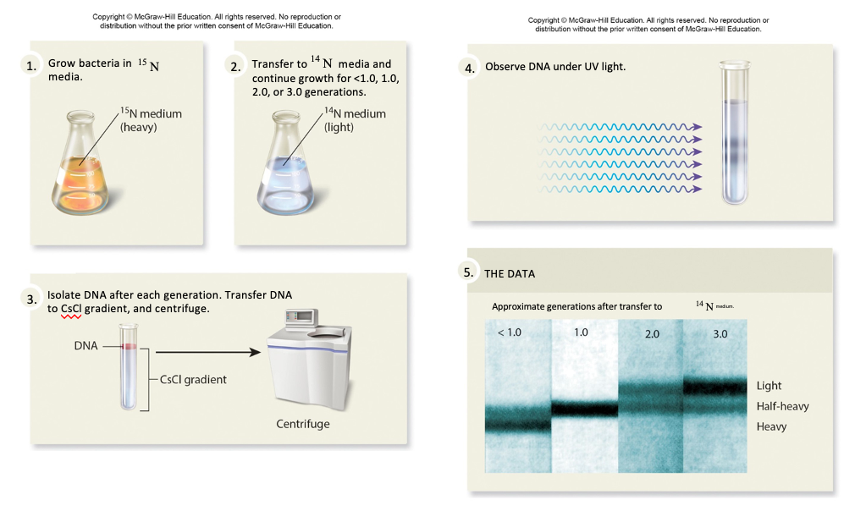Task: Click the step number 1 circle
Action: pyautogui.click(x=31, y=66)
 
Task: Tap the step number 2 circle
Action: pyautogui.click(x=235, y=66)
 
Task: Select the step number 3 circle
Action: pyautogui.click(x=31, y=298)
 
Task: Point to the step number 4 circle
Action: pyautogui.click(x=469, y=69)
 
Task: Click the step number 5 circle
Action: pyautogui.click(x=468, y=272)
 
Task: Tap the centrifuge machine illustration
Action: pyautogui.click(x=309, y=360)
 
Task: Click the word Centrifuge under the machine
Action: pyautogui.click(x=303, y=423)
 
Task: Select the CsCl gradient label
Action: pyautogui.click(x=193, y=380)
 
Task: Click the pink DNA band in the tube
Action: pyautogui.click(x=127, y=347)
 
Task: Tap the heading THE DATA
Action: pyautogui.click(x=510, y=274)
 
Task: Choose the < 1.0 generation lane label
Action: pyautogui.click(x=510, y=332)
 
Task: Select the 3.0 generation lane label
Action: pyautogui.click(x=720, y=334)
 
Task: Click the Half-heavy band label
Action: pyautogui.click(x=782, y=407)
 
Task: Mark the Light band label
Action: pyautogui.click(x=769, y=387)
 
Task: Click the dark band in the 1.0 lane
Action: pyautogui.click(x=585, y=409)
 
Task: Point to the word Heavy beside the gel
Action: pyautogui.click(x=771, y=427)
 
